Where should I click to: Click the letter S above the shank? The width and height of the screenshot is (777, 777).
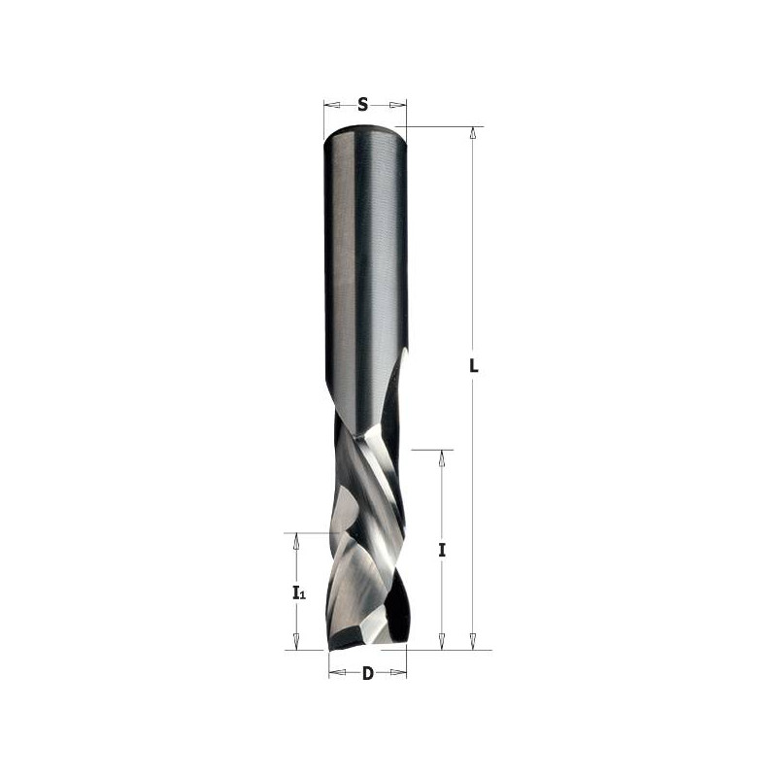tap(362, 104)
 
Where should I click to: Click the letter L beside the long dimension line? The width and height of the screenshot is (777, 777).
tap(473, 366)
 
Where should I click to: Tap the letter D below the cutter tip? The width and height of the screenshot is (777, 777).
tap(367, 674)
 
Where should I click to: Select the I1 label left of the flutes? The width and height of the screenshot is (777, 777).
tap(297, 592)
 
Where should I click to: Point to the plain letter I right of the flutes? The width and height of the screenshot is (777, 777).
tap(442, 550)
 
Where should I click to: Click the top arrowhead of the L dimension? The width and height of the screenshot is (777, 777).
tap(473, 133)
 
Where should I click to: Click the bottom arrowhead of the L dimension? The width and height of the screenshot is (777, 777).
tap(473, 642)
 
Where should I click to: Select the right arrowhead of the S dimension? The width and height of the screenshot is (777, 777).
tap(399, 104)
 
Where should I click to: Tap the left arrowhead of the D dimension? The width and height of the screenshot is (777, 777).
tap(335, 673)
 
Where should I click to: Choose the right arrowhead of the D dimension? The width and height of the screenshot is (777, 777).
tap(399, 673)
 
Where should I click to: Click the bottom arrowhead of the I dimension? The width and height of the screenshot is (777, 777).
tap(442, 642)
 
